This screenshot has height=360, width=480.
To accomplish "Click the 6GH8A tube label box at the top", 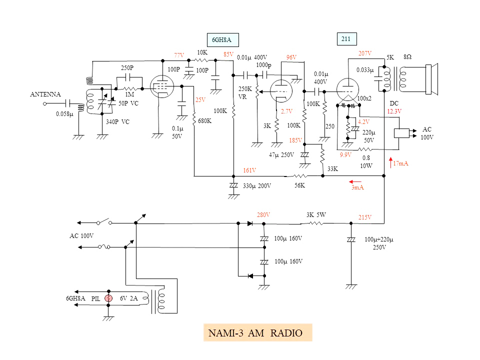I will (x=222, y=39).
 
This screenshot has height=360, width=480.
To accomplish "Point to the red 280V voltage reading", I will (x=263, y=214).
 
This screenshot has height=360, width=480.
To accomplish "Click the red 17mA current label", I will (x=400, y=163).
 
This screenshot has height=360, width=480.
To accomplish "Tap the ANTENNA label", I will (x=45, y=94).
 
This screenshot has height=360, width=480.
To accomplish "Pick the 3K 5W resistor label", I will (x=316, y=214).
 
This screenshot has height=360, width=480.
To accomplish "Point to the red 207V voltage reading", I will (x=365, y=53).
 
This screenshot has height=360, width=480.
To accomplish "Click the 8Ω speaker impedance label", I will (x=407, y=57).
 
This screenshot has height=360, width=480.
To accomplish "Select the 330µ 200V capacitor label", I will (x=257, y=186).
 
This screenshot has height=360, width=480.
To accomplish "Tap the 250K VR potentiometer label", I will (x=245, y=92).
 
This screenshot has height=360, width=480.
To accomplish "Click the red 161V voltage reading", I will (x=249, y=170).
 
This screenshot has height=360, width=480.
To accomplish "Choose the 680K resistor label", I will (x=204, y=121).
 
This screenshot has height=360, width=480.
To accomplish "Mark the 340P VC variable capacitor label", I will (x=117, y=121).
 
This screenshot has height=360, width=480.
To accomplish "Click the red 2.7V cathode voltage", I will (x=286, y=111).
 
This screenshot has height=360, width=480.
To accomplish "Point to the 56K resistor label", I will (x=299, y=185).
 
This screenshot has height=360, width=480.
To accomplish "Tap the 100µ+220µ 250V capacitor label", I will (x=379, y=243).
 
